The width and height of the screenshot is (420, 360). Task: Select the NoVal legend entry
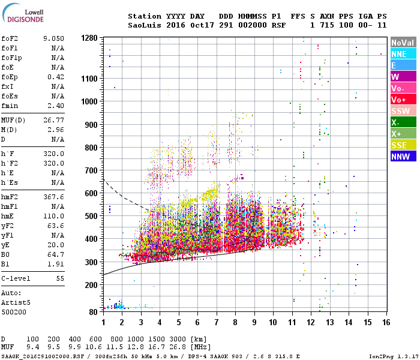(x=402, y=43)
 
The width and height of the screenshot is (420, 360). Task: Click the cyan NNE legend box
(x=402, y=54)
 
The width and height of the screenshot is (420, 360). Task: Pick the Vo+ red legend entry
(x=402, y=100)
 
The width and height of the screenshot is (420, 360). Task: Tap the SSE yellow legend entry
(x=402, y=145)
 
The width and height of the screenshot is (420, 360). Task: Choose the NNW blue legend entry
(x=402, y=157)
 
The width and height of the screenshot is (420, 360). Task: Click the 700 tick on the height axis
(x=91, y=170)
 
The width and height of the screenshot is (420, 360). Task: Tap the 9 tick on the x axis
(x=254, y=322)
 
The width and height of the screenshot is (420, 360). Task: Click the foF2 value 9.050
(x=53, y=39)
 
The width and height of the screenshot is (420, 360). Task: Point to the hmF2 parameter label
(x=10, y=197)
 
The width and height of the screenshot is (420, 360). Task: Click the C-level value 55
(x=58, y=279)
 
